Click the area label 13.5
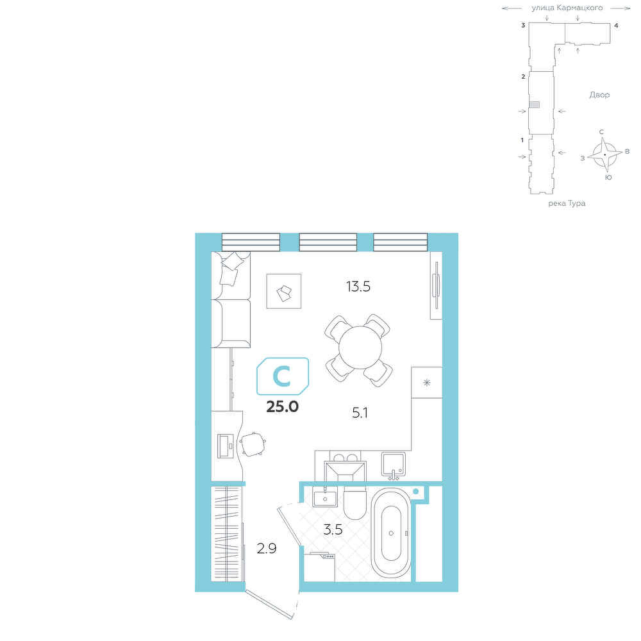pos(358,287)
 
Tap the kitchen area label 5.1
pos(360,413)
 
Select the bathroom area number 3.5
pos(333,530)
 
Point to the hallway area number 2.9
pos(267,548)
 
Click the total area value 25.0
pos(283,407)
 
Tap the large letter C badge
pos(283,376)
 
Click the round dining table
pos(360,347)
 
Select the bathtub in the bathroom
pos(391,533)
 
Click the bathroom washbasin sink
pos(325,497)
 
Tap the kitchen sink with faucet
pos(394,464)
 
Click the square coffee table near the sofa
pos(284,291)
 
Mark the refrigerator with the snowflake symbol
pos(427,382)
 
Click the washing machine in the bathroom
pos(320,567)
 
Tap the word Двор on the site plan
pos(599,95)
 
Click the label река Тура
pos(567,203)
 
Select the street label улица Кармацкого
pos(567,8)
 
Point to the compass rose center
pos(605,154)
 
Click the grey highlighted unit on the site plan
pos(535,104)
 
